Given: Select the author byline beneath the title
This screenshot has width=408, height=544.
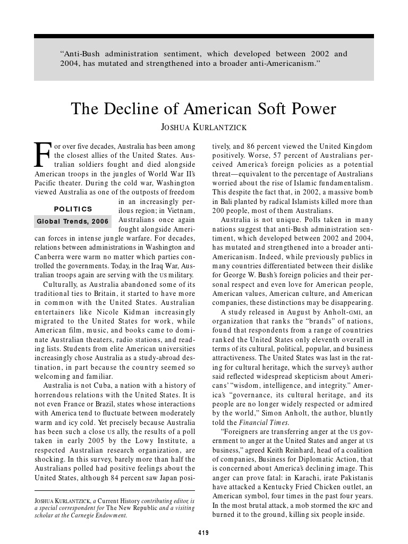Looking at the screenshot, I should pyautogui.click(x=203, y=128).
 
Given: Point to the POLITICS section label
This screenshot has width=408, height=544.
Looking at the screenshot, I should pyautogui.click(x=73, y=209).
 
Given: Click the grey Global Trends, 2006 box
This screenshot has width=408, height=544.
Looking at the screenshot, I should pyautogui.click(x=73, y=221).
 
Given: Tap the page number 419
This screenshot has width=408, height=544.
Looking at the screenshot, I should pyautogui.click(x=203, y=533).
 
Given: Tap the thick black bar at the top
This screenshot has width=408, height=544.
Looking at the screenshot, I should pyautogui.click(x=203, y=36).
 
